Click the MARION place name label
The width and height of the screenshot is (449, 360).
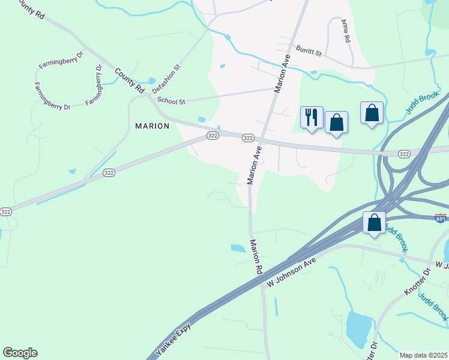tap(152, 126)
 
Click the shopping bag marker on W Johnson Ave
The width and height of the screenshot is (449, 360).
tap(374, 223)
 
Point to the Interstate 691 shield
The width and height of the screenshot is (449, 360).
tap(441, 218)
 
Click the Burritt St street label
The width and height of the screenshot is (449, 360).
tap(309, 53)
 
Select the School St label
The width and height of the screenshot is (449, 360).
tap(171, 101)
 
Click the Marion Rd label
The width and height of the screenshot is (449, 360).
tap(256, 257)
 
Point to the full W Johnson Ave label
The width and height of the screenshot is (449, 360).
tap(292, 271)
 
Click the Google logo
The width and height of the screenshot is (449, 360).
tap(20, 353)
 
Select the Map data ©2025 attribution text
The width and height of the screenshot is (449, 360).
tap(424, 355)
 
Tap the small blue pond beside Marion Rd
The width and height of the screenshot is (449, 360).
tap(238, 247)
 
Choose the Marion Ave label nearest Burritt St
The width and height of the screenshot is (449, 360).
tap(283, 73)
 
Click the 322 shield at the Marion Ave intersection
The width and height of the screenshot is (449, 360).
tap(248, 138)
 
